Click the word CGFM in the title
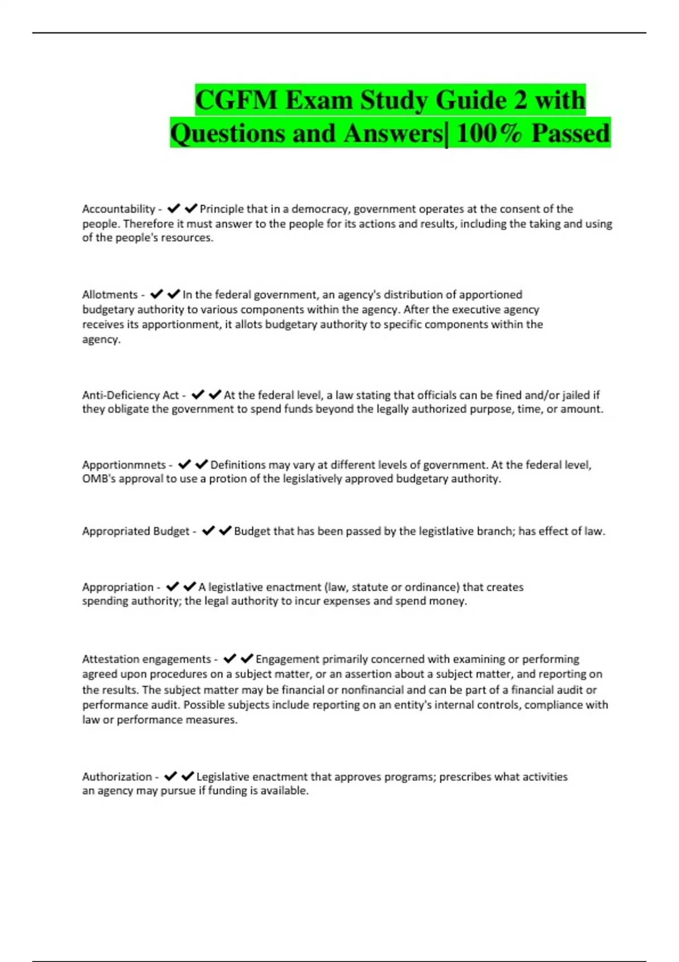[x=237, y=101]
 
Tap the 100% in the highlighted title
[x=488, y=134]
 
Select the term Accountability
[x=118, y=209]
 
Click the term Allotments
[x=110, y=295]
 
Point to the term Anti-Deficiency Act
[x=130, y=395]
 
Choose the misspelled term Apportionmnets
[x=124, y=465]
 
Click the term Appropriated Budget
[x=136, y=531]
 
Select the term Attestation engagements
[x=147, y=659]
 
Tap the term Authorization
[x=117, y=777]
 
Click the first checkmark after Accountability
[x=174, y=209]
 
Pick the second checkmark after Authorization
[x=188, y=776]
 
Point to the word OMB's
[x=98, y=479]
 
